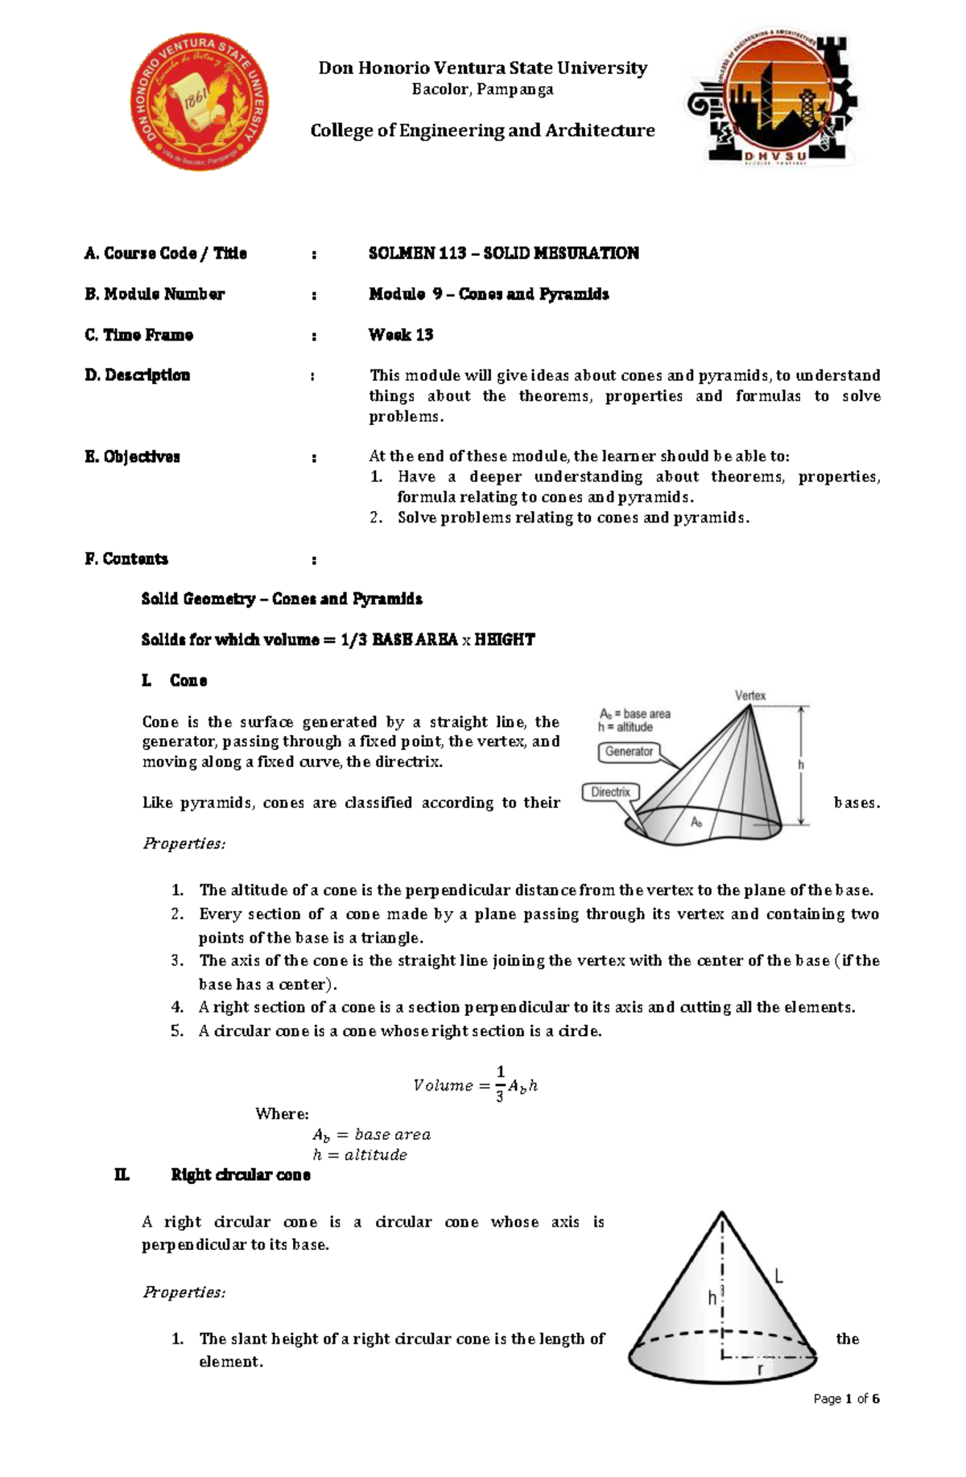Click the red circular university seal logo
pyautogui.click(x=199, y=102)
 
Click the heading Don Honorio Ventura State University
pyautogui.click(x=482, y=68)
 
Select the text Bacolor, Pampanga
pyautogui.click(x=482, y=89)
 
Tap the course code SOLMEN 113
pyautogui.click(x=417, y=254)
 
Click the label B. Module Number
pyautogui.click(x=155, y=295)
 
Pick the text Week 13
pyautogui.click(x=401, y=335)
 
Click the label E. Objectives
pyautogui.click(x=132, y=457)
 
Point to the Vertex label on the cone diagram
pyautogui.click(x=750, y=695)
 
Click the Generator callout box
pyautogui.click(x=629, y=752)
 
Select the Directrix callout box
pyautogui.click(x=610, y=792)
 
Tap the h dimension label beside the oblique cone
pyautogui.click(x=801, y=765)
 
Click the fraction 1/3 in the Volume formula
pyautogui.click(x=500, y=1083)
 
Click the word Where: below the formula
pyautogui.click(x=282, y=1114)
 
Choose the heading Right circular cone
pyautogui.click(x=240, y=1175)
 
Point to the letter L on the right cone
pyautogui.click(x=778, y=1276)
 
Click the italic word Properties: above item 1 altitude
pyautogui.click(x=184, y=844)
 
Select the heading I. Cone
pyautogui.click(x=175, y=681)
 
